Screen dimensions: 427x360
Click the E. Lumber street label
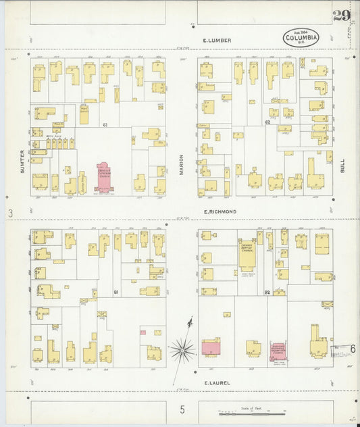pos(217,41)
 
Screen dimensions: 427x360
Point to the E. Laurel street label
pos(217,383)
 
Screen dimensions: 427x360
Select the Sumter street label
pos(22,161)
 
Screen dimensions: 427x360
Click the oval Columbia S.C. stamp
pos(301,38)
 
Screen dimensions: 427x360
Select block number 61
pos(105,125)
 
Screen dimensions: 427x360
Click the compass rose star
pos(182,349)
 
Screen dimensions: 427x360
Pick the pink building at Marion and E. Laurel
pos(211,349)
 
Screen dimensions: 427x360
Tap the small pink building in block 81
pos(143,332)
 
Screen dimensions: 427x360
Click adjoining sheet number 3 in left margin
pos(10,214)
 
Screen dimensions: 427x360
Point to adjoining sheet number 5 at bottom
pos(182,409)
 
